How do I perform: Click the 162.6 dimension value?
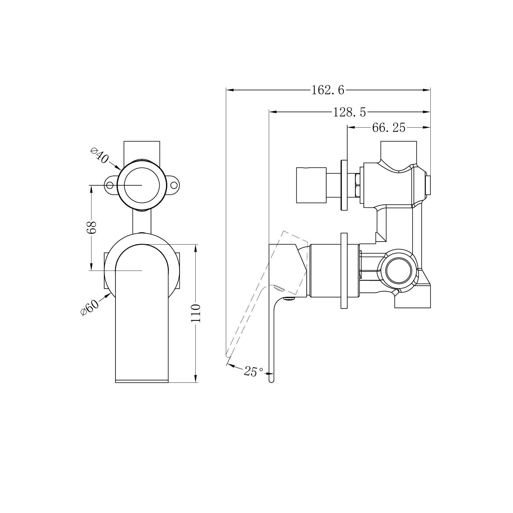click(x=328, y=90)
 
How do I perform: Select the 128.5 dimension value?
click(x=349, y=112)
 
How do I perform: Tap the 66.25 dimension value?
click(x=388, y=128)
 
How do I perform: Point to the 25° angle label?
click(x=253, y=371)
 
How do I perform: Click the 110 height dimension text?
click(x=196, y=313)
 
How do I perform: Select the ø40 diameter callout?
click(x=99, y=156)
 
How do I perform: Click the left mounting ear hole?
click(x=110, y=185)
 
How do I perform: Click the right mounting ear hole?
click(x=174, y=185)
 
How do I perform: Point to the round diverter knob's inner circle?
click(x=142, y=185)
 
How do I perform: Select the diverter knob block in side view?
click(x=311, y=185)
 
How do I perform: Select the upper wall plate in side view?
click(x=344, y=185)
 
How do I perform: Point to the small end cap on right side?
click(x=428, y=185)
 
